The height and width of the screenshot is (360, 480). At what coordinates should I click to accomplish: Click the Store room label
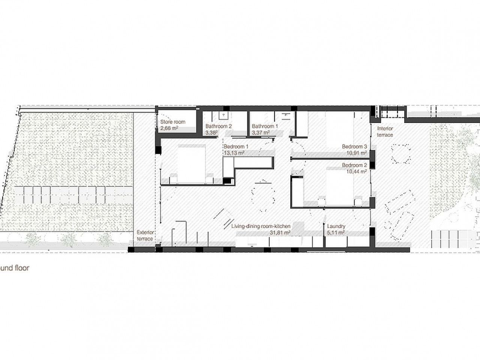point(173,122)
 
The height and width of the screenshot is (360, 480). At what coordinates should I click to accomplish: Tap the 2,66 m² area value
point(169,128)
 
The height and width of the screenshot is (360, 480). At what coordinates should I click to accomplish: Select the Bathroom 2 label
point(219,126)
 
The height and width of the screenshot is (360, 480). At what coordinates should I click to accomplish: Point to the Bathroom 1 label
point(265,126)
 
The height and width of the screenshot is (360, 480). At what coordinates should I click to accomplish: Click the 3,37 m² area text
point(261,132)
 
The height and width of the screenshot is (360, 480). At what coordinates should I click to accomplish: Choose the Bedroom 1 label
point(236,147)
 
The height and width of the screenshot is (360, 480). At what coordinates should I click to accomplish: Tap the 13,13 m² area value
point(234,153)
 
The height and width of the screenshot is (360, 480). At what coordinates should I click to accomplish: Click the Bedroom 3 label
point(354,147)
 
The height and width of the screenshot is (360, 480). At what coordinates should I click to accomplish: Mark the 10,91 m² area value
point(357,153)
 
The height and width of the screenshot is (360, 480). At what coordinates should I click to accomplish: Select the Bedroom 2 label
point(354,165)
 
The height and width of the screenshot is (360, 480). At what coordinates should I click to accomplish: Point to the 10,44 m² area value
point(357,172)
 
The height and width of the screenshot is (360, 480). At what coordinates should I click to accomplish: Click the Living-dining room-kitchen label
point(261,226)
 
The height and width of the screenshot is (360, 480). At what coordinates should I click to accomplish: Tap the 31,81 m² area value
point(280,232)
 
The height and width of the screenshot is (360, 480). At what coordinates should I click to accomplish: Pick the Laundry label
point(336,226)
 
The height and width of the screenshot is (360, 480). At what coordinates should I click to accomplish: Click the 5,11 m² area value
point(336,232)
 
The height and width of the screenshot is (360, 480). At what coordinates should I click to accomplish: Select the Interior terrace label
point(385,132)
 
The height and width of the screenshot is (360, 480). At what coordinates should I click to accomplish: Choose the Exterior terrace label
point(145,235)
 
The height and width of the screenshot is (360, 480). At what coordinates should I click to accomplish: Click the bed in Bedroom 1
point(191,163)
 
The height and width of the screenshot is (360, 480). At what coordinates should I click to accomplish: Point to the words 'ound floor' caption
point(14,268)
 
